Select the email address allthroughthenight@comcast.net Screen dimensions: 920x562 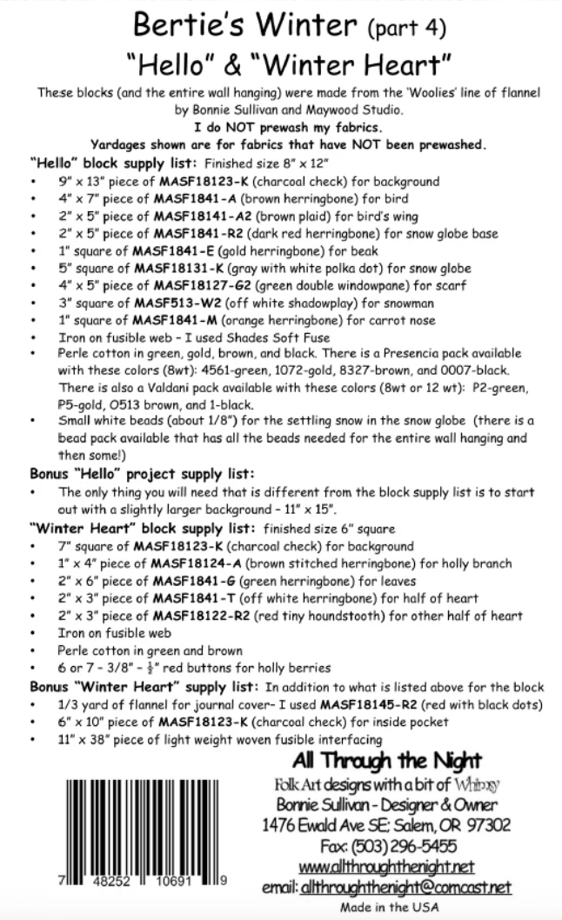click(x=406, y=887)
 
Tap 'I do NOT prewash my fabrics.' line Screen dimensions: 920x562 click(x=280, y=127)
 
